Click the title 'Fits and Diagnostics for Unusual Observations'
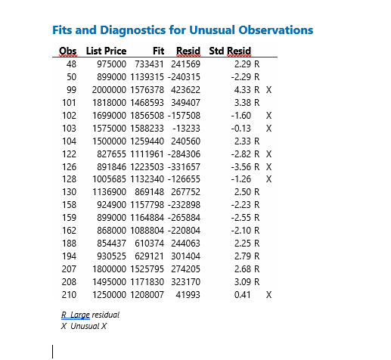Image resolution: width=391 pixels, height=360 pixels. (182, 31)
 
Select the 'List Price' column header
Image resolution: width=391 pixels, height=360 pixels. (107, 51)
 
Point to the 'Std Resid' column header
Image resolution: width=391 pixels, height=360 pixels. (229, 51)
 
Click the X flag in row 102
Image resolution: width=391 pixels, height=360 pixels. (269, 115)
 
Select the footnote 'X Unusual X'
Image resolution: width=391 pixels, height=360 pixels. (84, 326)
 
